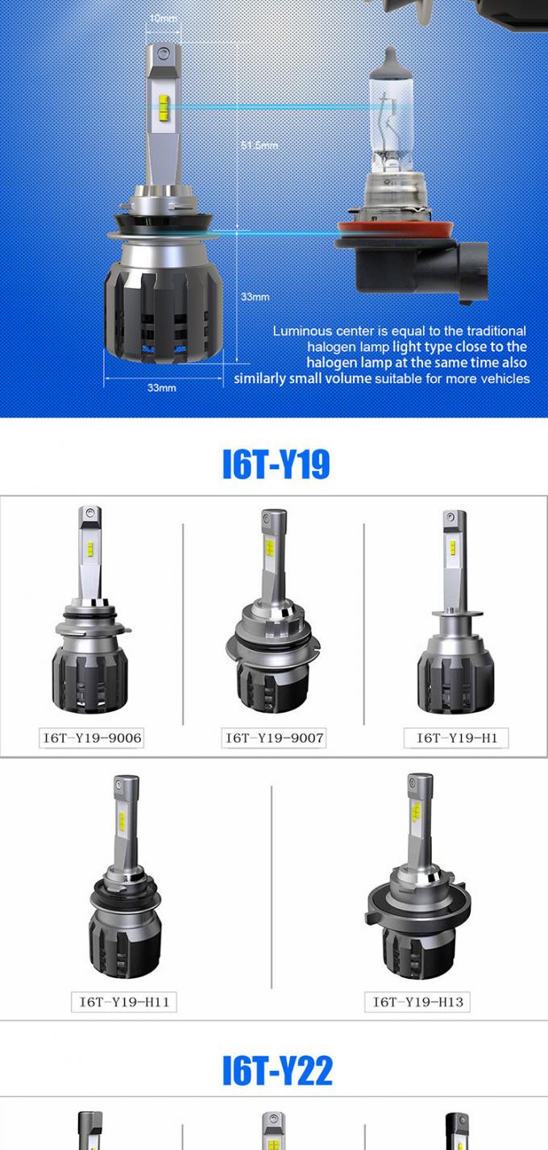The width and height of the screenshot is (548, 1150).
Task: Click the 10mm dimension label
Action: pyautogui.click(x=163, y=19)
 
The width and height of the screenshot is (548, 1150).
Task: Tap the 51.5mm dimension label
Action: pyautogui.click(x=259, y=145)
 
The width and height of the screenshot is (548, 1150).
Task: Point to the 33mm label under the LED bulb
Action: pyautogui.click(x=162, y=388)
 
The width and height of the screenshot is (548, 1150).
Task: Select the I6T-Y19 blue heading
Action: pyautogui.click(x=276, y=464)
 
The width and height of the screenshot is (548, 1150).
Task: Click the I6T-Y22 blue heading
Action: pyautogui.click(x=277, y=1070)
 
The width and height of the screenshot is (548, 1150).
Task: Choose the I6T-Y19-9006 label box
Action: pyautogui.click(x=92, y=738)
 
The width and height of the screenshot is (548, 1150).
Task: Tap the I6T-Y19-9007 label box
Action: pyautogui.click(x=274, y=738)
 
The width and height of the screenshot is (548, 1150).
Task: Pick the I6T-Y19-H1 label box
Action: pyautogui.click(x=456, y=738)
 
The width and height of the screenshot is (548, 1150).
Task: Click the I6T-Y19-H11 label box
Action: pyautogui.click(x=123, y=1002)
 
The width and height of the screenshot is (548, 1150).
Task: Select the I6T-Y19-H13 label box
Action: pyautogui.click(x=417, y=1002)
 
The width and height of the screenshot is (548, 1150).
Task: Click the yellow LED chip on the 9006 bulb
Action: pyautogui.click(x=89, y=548)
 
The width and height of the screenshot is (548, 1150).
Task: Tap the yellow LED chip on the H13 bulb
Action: pyautogui.click(x=416, y=810)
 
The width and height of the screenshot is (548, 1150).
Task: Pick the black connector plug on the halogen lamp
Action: pyautogui.click(x=473, y=272)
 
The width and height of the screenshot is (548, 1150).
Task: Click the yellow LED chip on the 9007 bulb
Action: pyautogui.click(x=269, y=549)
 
